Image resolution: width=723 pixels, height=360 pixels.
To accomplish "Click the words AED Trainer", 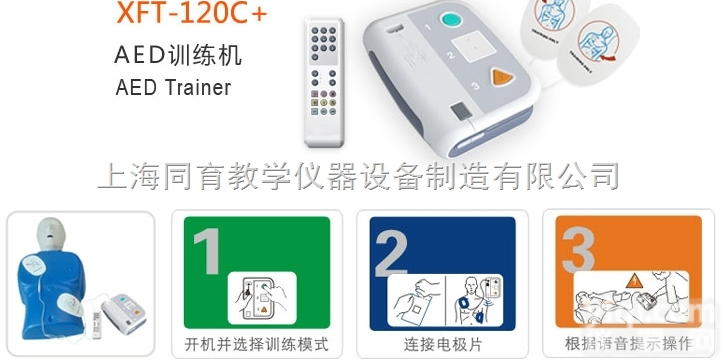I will click(174, 87).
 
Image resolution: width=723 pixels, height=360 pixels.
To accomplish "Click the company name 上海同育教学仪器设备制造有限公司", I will click(358, 176).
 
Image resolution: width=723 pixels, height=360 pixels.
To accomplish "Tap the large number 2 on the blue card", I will click(393, 253).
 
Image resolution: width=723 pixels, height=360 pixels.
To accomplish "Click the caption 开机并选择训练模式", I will click(256, 345).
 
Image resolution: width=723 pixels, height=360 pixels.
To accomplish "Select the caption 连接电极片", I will click(442, 345).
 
